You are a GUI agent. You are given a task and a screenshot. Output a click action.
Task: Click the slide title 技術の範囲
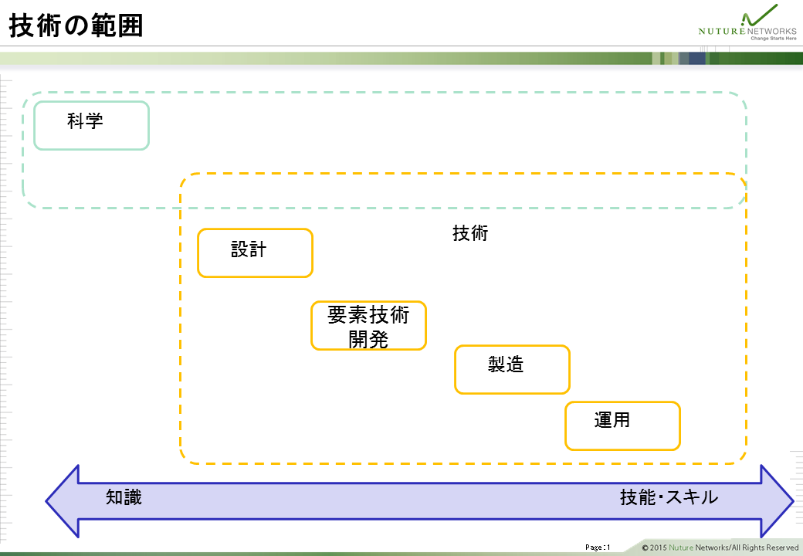click(76, 25)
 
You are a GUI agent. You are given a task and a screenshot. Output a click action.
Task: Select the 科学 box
click(91, 125)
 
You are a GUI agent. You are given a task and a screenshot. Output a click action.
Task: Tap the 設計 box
click(255, 253)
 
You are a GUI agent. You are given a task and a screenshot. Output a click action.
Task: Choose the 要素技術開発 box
click(369, 326)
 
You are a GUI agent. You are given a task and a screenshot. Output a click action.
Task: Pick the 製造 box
click(512, 370)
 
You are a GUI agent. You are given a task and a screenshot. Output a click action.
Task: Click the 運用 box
click(623, 426)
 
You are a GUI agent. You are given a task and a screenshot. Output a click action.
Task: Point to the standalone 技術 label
click(470, 233)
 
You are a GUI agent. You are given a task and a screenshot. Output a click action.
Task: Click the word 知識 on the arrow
click(124, 497)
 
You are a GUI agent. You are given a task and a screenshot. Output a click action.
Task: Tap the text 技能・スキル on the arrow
click(669, 497)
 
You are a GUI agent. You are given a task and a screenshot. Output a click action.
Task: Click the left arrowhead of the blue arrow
click(63, 501)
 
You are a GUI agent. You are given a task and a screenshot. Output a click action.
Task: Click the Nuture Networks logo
click(747, 22)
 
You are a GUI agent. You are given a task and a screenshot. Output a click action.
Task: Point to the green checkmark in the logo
click(760, 15)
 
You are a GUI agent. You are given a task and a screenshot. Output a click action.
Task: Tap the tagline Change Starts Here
click(774, 39)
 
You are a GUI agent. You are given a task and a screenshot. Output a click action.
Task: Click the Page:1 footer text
click(598, 548)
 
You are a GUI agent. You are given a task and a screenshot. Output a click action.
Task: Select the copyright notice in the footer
click(720, 548)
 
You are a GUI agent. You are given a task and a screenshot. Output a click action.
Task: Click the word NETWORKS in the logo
click(772, 31)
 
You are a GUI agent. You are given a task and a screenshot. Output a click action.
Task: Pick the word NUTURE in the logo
click(722, 31)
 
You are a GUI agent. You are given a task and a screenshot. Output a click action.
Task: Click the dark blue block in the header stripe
click(697, 59)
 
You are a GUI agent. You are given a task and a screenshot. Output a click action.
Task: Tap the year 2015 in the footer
click(658, 548)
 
